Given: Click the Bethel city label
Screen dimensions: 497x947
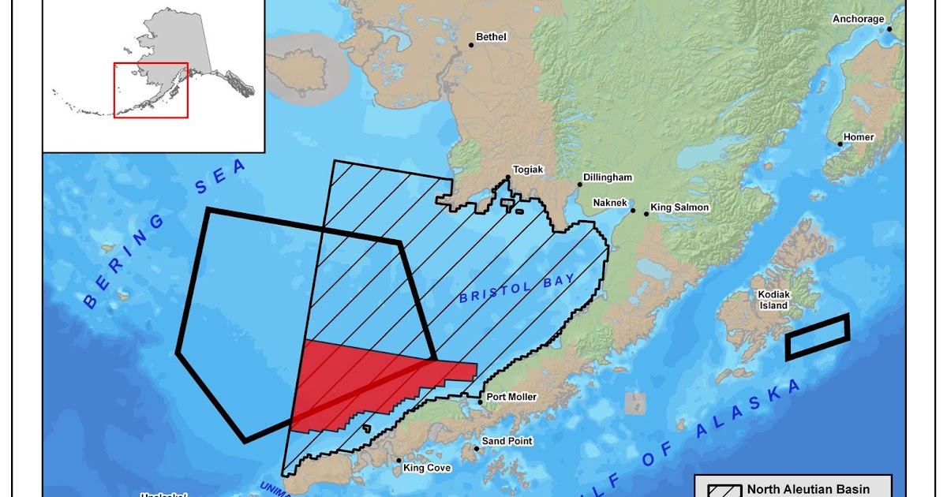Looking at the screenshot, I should pos(491,37).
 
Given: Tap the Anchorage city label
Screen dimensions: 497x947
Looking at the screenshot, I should pos(859,19).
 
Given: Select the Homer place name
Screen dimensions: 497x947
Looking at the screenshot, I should pos(859,137).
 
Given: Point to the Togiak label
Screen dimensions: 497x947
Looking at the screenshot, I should pos(529,170).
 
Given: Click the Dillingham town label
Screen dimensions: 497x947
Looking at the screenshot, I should pos(608,177).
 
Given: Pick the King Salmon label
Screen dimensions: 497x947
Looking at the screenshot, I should pos(679,207).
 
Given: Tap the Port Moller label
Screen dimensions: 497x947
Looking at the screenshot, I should pos(511,397).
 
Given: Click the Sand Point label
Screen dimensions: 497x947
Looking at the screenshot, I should pos(507,441).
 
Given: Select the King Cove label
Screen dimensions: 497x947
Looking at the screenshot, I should pos(427,468).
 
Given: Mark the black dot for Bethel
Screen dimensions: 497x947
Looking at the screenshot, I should pos(471,45).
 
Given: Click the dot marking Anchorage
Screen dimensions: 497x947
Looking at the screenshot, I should pos(889,29).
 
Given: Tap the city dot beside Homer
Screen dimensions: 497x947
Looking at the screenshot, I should pos(840,144).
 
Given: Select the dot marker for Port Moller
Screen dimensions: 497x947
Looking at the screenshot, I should pos(480,402).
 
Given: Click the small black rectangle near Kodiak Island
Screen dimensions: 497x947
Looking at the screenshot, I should pos(817,337).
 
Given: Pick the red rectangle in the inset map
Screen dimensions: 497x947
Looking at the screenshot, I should pos(151,90).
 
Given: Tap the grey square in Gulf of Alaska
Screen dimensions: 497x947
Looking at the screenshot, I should pos(634,403).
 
